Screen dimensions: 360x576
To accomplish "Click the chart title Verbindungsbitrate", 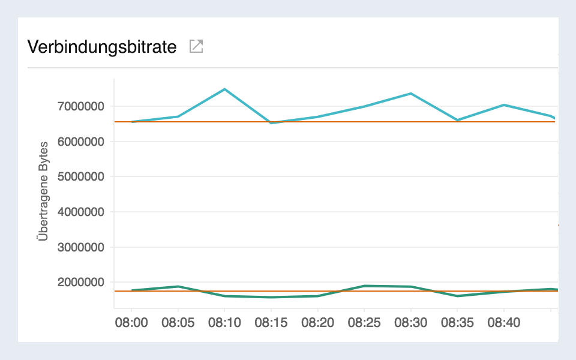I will [102, 47].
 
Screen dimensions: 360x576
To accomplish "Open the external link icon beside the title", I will [196, 46].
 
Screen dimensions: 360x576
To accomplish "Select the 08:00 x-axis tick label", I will [131, 323].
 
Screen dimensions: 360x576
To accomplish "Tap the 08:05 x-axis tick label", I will [178, 323].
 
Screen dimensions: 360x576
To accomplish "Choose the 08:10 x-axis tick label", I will [224, 323].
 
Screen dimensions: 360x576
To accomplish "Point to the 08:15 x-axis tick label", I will [271, 323].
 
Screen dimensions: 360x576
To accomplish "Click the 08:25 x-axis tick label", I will [364, 323].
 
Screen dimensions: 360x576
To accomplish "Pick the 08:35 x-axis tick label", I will [457, 323].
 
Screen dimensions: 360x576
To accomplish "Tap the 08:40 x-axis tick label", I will [503, 323].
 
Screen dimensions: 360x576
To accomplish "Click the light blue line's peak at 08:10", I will [224, 89].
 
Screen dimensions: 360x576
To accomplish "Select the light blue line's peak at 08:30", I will [410, 94].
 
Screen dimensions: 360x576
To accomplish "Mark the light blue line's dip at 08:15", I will [271, 122].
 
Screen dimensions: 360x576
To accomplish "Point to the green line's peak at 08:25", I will [364, 286].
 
